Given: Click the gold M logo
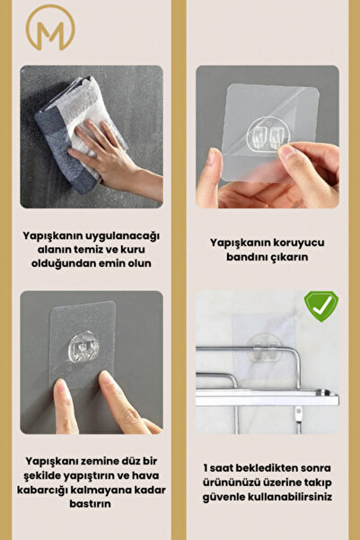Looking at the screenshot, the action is (50, 28).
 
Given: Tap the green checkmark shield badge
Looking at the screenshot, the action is (321, 305).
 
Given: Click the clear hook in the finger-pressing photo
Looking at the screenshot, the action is (82, 347).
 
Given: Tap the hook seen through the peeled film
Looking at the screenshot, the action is (268, 134).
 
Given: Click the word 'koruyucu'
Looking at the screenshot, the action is (298, 243).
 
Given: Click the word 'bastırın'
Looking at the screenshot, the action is (90, 504).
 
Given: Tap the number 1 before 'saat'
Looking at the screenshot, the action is (205, 468).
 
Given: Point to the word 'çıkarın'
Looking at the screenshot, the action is (288, 258).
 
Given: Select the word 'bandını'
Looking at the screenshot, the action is (246, 257).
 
